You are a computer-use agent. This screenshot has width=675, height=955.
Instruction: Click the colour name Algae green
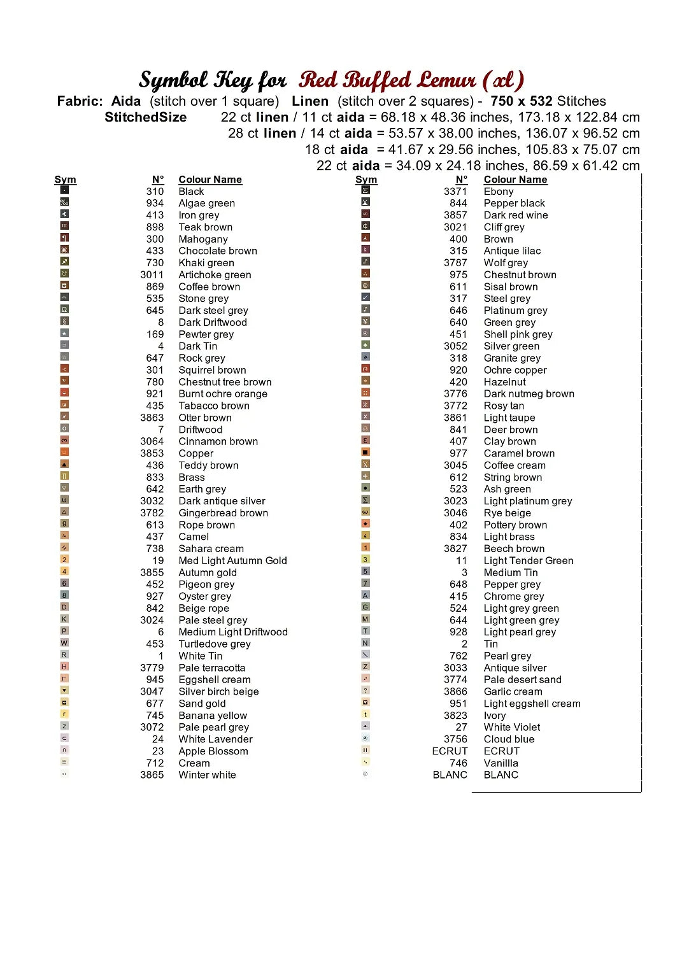(x=206, y=203)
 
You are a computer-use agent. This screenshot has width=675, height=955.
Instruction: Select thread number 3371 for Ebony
(x=455, y=191)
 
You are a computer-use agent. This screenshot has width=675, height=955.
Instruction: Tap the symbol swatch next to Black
(x=64, y=190)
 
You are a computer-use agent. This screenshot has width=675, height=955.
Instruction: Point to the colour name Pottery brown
(x=515, y=525)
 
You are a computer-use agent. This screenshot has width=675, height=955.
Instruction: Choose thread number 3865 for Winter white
(x=152, y=775)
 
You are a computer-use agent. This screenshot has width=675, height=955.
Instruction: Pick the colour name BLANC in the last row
(x=501, y=775)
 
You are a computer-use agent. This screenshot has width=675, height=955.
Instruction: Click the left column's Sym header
(x=65, y=180)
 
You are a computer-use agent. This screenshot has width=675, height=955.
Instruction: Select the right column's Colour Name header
(x=515, y=180)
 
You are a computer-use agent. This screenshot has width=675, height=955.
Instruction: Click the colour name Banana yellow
(x=213, y=716)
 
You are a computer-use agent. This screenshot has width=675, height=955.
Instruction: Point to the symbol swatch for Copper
(x=64, y=452)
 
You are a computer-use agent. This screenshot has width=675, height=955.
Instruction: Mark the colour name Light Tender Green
(x=529, y=561)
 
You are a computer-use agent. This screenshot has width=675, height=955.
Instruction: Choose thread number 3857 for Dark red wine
(x=455, y=215)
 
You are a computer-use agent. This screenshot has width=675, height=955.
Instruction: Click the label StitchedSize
(x=145, y=117)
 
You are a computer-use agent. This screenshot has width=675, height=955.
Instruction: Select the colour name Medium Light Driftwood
(x=233, y=632)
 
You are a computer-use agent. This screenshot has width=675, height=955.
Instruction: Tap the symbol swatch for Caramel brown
(x=366, y=452)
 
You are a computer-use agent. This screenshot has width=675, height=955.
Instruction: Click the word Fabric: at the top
(x=80, y=101)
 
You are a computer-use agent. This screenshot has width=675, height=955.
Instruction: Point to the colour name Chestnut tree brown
(x=225, y=382)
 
